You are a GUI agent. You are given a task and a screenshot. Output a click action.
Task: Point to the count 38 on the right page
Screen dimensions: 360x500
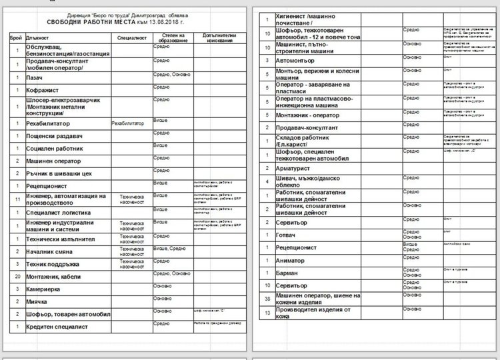pos(266,299)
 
